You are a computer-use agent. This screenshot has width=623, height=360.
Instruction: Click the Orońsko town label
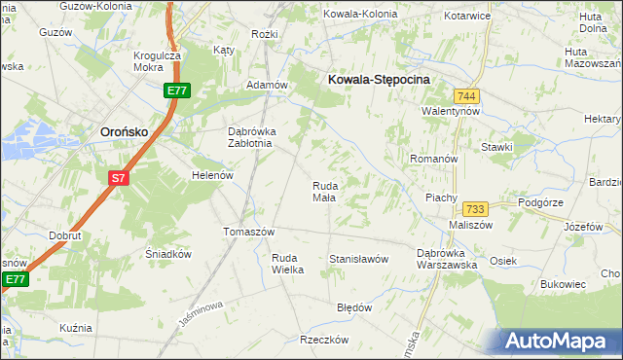point(125,131)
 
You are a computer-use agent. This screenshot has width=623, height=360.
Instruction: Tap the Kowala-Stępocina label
point(380,81)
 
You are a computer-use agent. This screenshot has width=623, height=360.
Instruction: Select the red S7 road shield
point(118,177)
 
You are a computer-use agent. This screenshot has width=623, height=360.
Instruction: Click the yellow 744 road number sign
point(466,95)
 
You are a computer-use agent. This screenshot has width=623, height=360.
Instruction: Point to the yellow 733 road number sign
point(476,209)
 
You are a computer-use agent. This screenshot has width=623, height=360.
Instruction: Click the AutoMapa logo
point(564,342)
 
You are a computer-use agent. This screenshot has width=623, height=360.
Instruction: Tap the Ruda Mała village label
point(324,191)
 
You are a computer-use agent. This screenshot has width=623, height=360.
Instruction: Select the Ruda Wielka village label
point(287,264)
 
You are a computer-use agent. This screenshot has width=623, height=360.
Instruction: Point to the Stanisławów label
point(359,259)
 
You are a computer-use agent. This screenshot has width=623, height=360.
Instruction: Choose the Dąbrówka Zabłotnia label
point(252,137)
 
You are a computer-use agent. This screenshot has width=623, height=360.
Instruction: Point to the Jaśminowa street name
point(202,312)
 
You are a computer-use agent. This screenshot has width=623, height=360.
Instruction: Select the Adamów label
point(267,85)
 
